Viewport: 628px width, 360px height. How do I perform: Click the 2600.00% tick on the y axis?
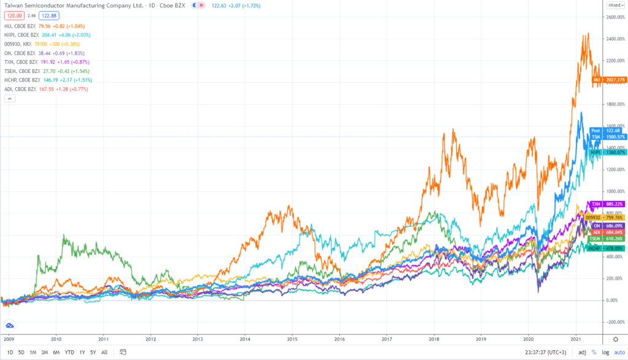(x=615, y=17)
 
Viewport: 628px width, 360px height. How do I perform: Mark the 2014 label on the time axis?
(x=245, y=338)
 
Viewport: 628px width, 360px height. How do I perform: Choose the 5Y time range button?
(x=92, y=352)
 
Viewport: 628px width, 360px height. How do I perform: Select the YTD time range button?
(x=69, y=352)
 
